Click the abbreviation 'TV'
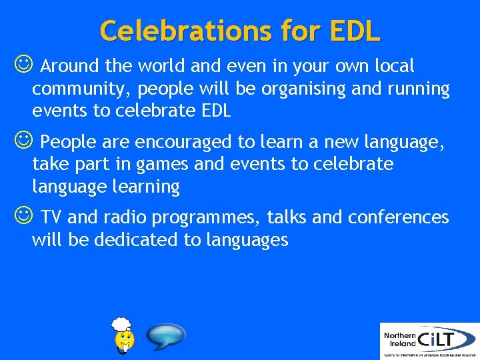tap(52, 217)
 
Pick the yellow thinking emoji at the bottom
tap(124, 336)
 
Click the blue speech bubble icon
tap(165, 337)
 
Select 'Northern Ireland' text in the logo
tap(400, 340)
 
